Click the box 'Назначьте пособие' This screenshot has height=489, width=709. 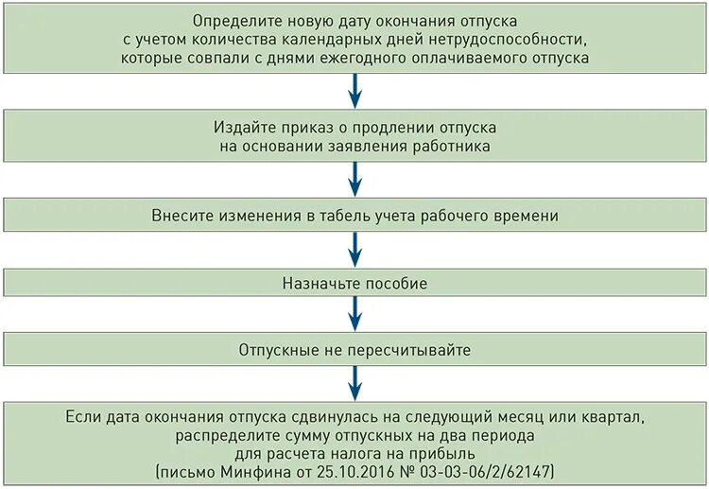pos(354,283)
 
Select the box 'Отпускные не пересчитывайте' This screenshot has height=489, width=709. pos(354,350)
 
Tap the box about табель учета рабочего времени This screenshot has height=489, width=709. pos(354,216)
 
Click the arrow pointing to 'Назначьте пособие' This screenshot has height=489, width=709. pos(354,250)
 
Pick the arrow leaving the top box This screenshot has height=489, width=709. pos(354,92)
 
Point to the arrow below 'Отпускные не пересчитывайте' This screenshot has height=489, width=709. pos(354,384)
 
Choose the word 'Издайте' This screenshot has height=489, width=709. pos(245,127)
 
